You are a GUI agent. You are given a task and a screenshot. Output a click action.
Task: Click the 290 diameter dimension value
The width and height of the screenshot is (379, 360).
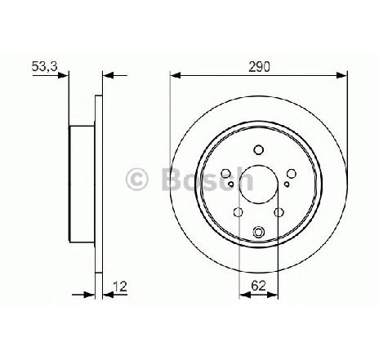coord(259,66)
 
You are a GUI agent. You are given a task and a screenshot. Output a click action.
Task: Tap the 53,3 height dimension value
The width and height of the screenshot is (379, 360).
coord(44,66)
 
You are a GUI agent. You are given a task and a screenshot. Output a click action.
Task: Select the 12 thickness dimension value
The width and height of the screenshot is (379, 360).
coord(120,287)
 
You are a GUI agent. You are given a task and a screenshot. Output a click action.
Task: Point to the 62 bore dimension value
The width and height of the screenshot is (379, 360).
coord(258,286)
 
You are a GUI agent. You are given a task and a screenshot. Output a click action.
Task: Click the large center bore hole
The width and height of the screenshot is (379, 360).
coord(259,184)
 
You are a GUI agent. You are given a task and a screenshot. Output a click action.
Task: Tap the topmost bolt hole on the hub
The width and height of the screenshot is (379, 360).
coord(258,149)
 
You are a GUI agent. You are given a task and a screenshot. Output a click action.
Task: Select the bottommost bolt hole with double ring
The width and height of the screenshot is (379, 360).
coord(258,232)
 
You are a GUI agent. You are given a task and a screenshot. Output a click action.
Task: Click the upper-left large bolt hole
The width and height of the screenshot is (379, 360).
coord(225,173)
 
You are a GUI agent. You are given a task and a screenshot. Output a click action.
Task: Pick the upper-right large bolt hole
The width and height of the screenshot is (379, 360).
coord(292,173)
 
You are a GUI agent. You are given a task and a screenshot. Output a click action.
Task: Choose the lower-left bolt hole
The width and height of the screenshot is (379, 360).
coord(239,212)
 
